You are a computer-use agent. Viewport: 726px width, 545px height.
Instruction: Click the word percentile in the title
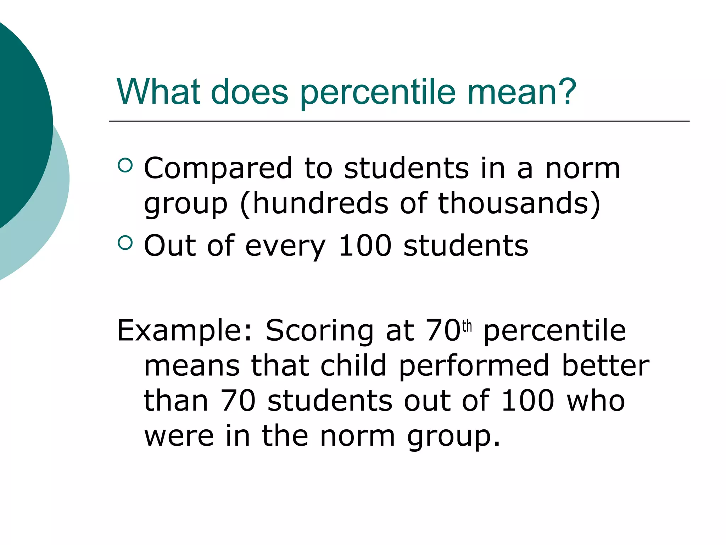[378, 93]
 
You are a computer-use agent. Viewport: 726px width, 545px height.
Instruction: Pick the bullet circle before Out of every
[125, 243]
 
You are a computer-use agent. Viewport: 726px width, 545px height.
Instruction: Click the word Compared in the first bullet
[218, 169]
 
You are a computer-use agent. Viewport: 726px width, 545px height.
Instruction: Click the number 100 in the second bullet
[365, 246]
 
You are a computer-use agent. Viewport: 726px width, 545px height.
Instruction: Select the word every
[285, 247]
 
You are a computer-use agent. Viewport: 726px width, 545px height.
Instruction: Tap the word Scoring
[319, 331]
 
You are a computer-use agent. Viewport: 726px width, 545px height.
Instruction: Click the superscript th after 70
[467, 326]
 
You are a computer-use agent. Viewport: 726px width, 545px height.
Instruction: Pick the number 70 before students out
[238, 401]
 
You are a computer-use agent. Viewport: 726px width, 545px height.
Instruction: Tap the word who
[596, 401]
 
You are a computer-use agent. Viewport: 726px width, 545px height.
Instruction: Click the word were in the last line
[179, 436]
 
